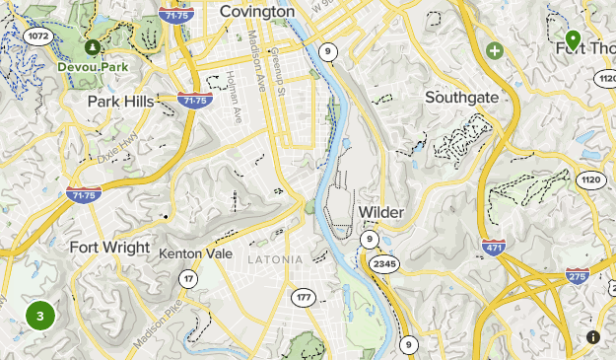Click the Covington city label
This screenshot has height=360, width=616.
pyautogui.click(x=257, y=11)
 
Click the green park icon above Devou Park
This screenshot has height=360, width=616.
pyautogui.click(x=92, y=46)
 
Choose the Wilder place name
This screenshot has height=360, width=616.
pyautogui.click(x=381, y=212)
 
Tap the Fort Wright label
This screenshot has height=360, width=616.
pyautogui.click(x=110, y=248)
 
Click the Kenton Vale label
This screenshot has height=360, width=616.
pyautogui.click(x=195, y=253)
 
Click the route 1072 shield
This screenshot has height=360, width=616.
pyautogui.click(x=38, y=36)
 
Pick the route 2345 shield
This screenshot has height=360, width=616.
pyautogui.click(x=384, y=263)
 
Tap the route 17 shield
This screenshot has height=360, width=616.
pyautogui.click(x=188, y=280)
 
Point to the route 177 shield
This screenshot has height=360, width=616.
pyautogui.click(x=303, y=297)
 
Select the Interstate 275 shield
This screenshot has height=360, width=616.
pyautogui.click(x=579, y=277)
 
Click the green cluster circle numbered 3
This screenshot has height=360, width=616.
pyautogui.click(x=39, y=317)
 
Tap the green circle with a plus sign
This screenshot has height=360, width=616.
pyautogui.click(x=494, y=49)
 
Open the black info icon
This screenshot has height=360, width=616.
pyautogui.click(x=592, y=337)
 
